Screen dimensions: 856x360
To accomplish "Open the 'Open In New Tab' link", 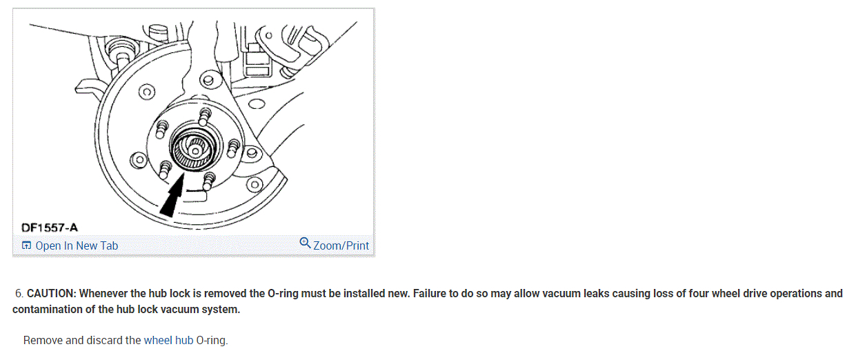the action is point(77,246).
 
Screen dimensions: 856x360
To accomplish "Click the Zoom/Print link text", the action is point(341,246).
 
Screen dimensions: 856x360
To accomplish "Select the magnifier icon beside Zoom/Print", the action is point(305,243).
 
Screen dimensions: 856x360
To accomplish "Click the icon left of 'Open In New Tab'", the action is point(26,246).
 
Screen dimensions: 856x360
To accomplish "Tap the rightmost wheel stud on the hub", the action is point(234,146).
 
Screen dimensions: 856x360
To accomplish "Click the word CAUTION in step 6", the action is point(51,293).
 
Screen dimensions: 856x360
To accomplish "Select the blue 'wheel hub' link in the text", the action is point(168,340).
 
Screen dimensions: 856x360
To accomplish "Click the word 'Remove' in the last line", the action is point(43,340).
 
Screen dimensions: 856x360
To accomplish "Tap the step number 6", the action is point(19,293).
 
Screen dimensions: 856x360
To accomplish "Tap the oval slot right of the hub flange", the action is point(256,105).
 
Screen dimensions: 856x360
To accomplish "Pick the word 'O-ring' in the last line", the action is point(211,340).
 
